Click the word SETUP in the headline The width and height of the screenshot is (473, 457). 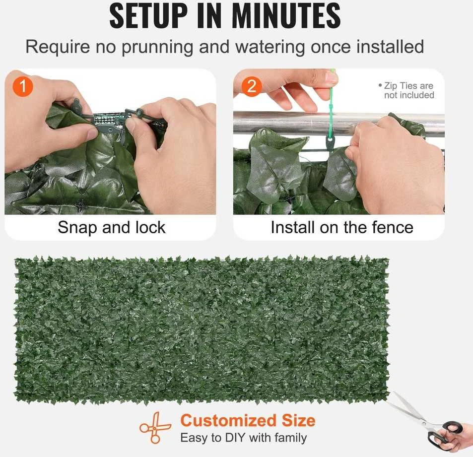pyautogui.click(x=148, y=16)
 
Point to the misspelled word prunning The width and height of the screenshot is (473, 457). pyautogui.click(x=157, y=47)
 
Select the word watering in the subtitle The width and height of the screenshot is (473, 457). pyautogui.click(x=270, y=47)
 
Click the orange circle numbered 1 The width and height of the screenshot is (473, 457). pyautogui.click(x=23, y=86)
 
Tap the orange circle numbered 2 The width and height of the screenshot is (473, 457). pyautogui.click(x=252, y=86)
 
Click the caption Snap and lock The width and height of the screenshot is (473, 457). pyautogui.click(x=112, y=227)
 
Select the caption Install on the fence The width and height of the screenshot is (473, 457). pyautogui.click(x=342, y=227)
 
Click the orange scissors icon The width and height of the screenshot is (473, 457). pyautogui.click(x=155, y=428)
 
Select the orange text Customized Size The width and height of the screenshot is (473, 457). pyautogui.click(x=248, y=420)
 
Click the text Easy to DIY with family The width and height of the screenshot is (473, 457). pyautogui.click(x=244, y=438)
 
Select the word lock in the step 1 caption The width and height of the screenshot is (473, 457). pyautogui.click(x=150, y=227)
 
